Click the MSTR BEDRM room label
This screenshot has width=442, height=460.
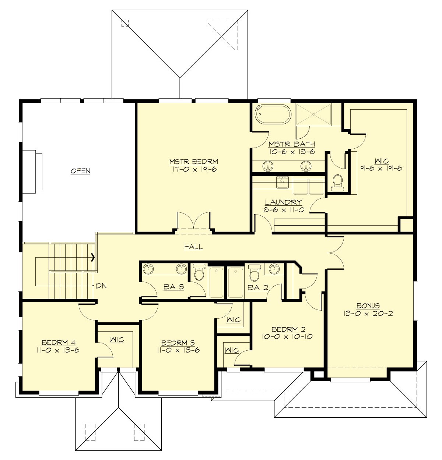point(194,162)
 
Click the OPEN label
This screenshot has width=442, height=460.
point(80,171)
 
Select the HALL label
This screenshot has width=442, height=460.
point(193,247)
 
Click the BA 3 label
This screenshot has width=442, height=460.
point(174,287)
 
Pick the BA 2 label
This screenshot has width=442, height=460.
point(258,287)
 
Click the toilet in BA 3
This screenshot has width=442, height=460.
point(199,272)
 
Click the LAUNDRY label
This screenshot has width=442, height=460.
point(283,202)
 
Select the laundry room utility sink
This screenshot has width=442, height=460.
point(283,181)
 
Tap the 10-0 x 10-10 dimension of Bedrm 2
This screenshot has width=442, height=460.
point(288,336)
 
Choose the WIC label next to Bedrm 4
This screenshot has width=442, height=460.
point(117,340)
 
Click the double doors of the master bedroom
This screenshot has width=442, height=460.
point(194,223)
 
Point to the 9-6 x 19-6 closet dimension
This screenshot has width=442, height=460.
point(381,168)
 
